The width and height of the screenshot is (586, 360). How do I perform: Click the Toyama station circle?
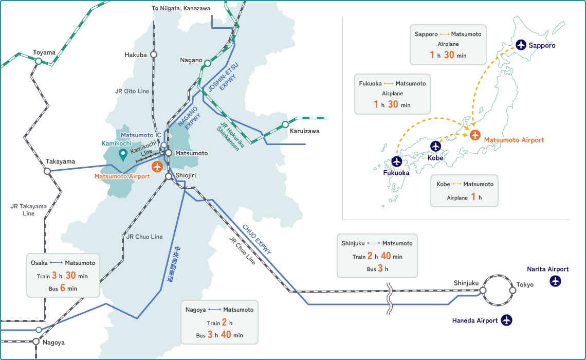click(x=39, y=61)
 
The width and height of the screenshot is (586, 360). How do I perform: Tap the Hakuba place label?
click(x=136, y=55)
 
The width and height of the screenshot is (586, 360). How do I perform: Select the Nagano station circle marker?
click(x=207, y=63)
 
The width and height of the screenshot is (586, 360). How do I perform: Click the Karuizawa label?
click(x=304, y=131)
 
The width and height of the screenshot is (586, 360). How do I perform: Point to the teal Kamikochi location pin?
click(x=123, y=154)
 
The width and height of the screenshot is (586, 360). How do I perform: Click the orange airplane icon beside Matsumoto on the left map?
click(x=157, y=167)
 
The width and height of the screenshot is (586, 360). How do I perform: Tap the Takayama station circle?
click(x=47, y=172)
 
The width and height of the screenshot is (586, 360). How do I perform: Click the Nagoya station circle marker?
click(x=35, y=341)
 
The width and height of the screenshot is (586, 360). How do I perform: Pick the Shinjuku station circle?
click(x=483, y=290)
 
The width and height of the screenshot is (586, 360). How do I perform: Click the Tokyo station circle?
click(x=512, y=290)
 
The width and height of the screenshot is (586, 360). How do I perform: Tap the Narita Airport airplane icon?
click(x=555, y=281)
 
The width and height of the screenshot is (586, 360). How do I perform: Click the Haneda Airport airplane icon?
click(x=507, y=320)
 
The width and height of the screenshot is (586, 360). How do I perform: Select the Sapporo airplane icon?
click(x=521, y=45)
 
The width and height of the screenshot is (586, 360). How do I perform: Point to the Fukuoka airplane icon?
click(x=396, y=161)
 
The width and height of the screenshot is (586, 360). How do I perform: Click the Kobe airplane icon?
click(x=436, y=146)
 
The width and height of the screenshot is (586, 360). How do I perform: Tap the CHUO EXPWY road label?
click(x=257, y=239)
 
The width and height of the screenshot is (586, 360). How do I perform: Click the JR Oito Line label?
click(x=132, y=91)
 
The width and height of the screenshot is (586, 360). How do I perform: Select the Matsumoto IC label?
click(x=141, y=135)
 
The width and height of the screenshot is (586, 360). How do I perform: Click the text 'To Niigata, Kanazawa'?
click(x=181, y=8)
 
